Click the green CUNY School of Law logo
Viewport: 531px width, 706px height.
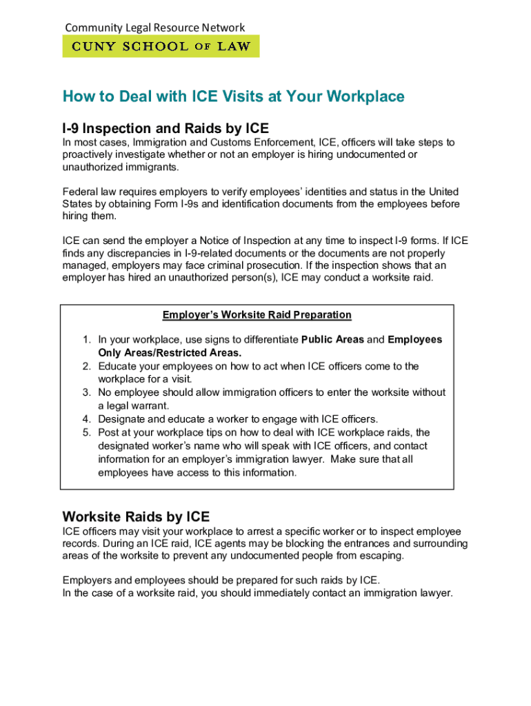(x=161, y=46)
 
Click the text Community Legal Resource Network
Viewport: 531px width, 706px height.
(x=154, y=28)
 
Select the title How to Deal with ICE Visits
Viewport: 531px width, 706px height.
(x=233, y=97)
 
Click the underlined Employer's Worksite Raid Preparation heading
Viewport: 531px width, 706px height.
(x=257, y=315)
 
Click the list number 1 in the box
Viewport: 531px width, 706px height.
(x=86, y=340)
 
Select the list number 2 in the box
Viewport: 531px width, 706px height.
(x=86, y=366)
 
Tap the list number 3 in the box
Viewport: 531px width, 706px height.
(x=86, y=392)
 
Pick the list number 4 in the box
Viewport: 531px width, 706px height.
(x=86, y=419)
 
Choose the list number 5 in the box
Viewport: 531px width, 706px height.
(x=86, y=432)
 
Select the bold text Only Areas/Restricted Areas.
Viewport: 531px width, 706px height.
(x=170, y=353)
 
